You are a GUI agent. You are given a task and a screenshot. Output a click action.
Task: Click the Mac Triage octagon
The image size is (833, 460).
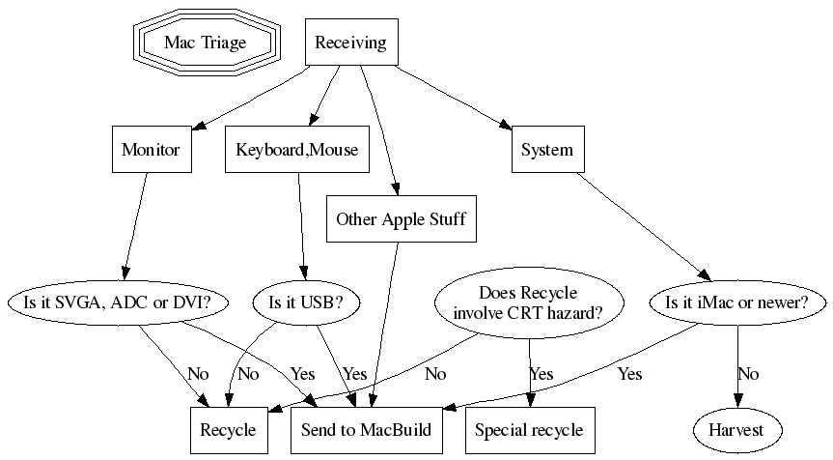click(205, 43)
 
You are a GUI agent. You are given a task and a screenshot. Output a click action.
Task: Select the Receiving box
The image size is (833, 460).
click(350, 43)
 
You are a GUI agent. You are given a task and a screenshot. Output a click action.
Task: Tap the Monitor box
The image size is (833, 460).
click(151, 150)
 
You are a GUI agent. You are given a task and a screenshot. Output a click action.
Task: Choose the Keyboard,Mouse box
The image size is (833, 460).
click(296, 150)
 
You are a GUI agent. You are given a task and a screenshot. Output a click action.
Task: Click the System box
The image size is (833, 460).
click(546, 150)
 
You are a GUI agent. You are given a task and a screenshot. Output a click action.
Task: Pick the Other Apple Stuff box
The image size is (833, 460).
click(401, 219)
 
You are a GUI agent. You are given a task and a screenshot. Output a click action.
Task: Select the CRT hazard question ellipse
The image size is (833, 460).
click(528, 302)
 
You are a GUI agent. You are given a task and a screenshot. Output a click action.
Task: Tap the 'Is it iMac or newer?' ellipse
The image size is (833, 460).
click(737, 302)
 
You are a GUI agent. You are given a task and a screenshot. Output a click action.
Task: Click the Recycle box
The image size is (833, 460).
click(228, 429)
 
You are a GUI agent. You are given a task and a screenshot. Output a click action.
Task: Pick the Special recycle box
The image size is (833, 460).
click(529, 429)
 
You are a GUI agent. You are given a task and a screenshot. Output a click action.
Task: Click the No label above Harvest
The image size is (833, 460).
click(748, 373)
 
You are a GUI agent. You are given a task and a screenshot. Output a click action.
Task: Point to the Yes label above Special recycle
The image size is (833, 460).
click(541, 373)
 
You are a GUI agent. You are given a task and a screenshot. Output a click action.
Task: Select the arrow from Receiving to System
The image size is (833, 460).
click(455, 97)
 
